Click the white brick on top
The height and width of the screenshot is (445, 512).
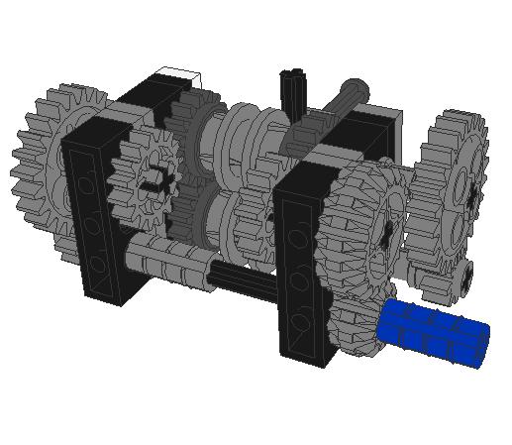[x=180, y=76]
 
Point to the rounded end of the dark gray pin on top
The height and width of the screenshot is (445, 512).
[x=354, y=88]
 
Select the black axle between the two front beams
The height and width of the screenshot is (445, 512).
[x=243, y=281]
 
